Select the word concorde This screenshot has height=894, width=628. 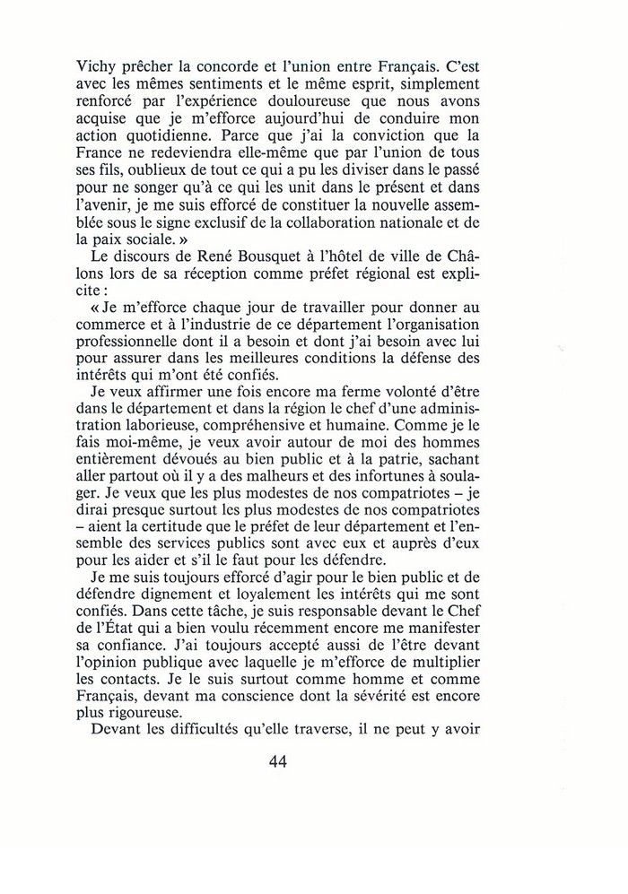click(x=262, y=39)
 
